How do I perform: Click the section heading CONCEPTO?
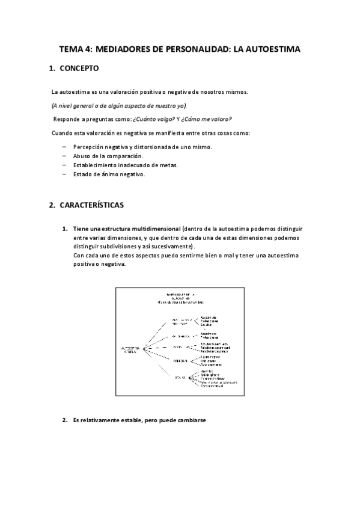tap(79, 69)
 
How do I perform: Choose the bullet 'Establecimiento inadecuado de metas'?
tap(125, 165)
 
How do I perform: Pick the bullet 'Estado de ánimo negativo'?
tap(109, 174)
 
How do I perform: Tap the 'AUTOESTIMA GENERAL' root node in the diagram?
tap(130, 349)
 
